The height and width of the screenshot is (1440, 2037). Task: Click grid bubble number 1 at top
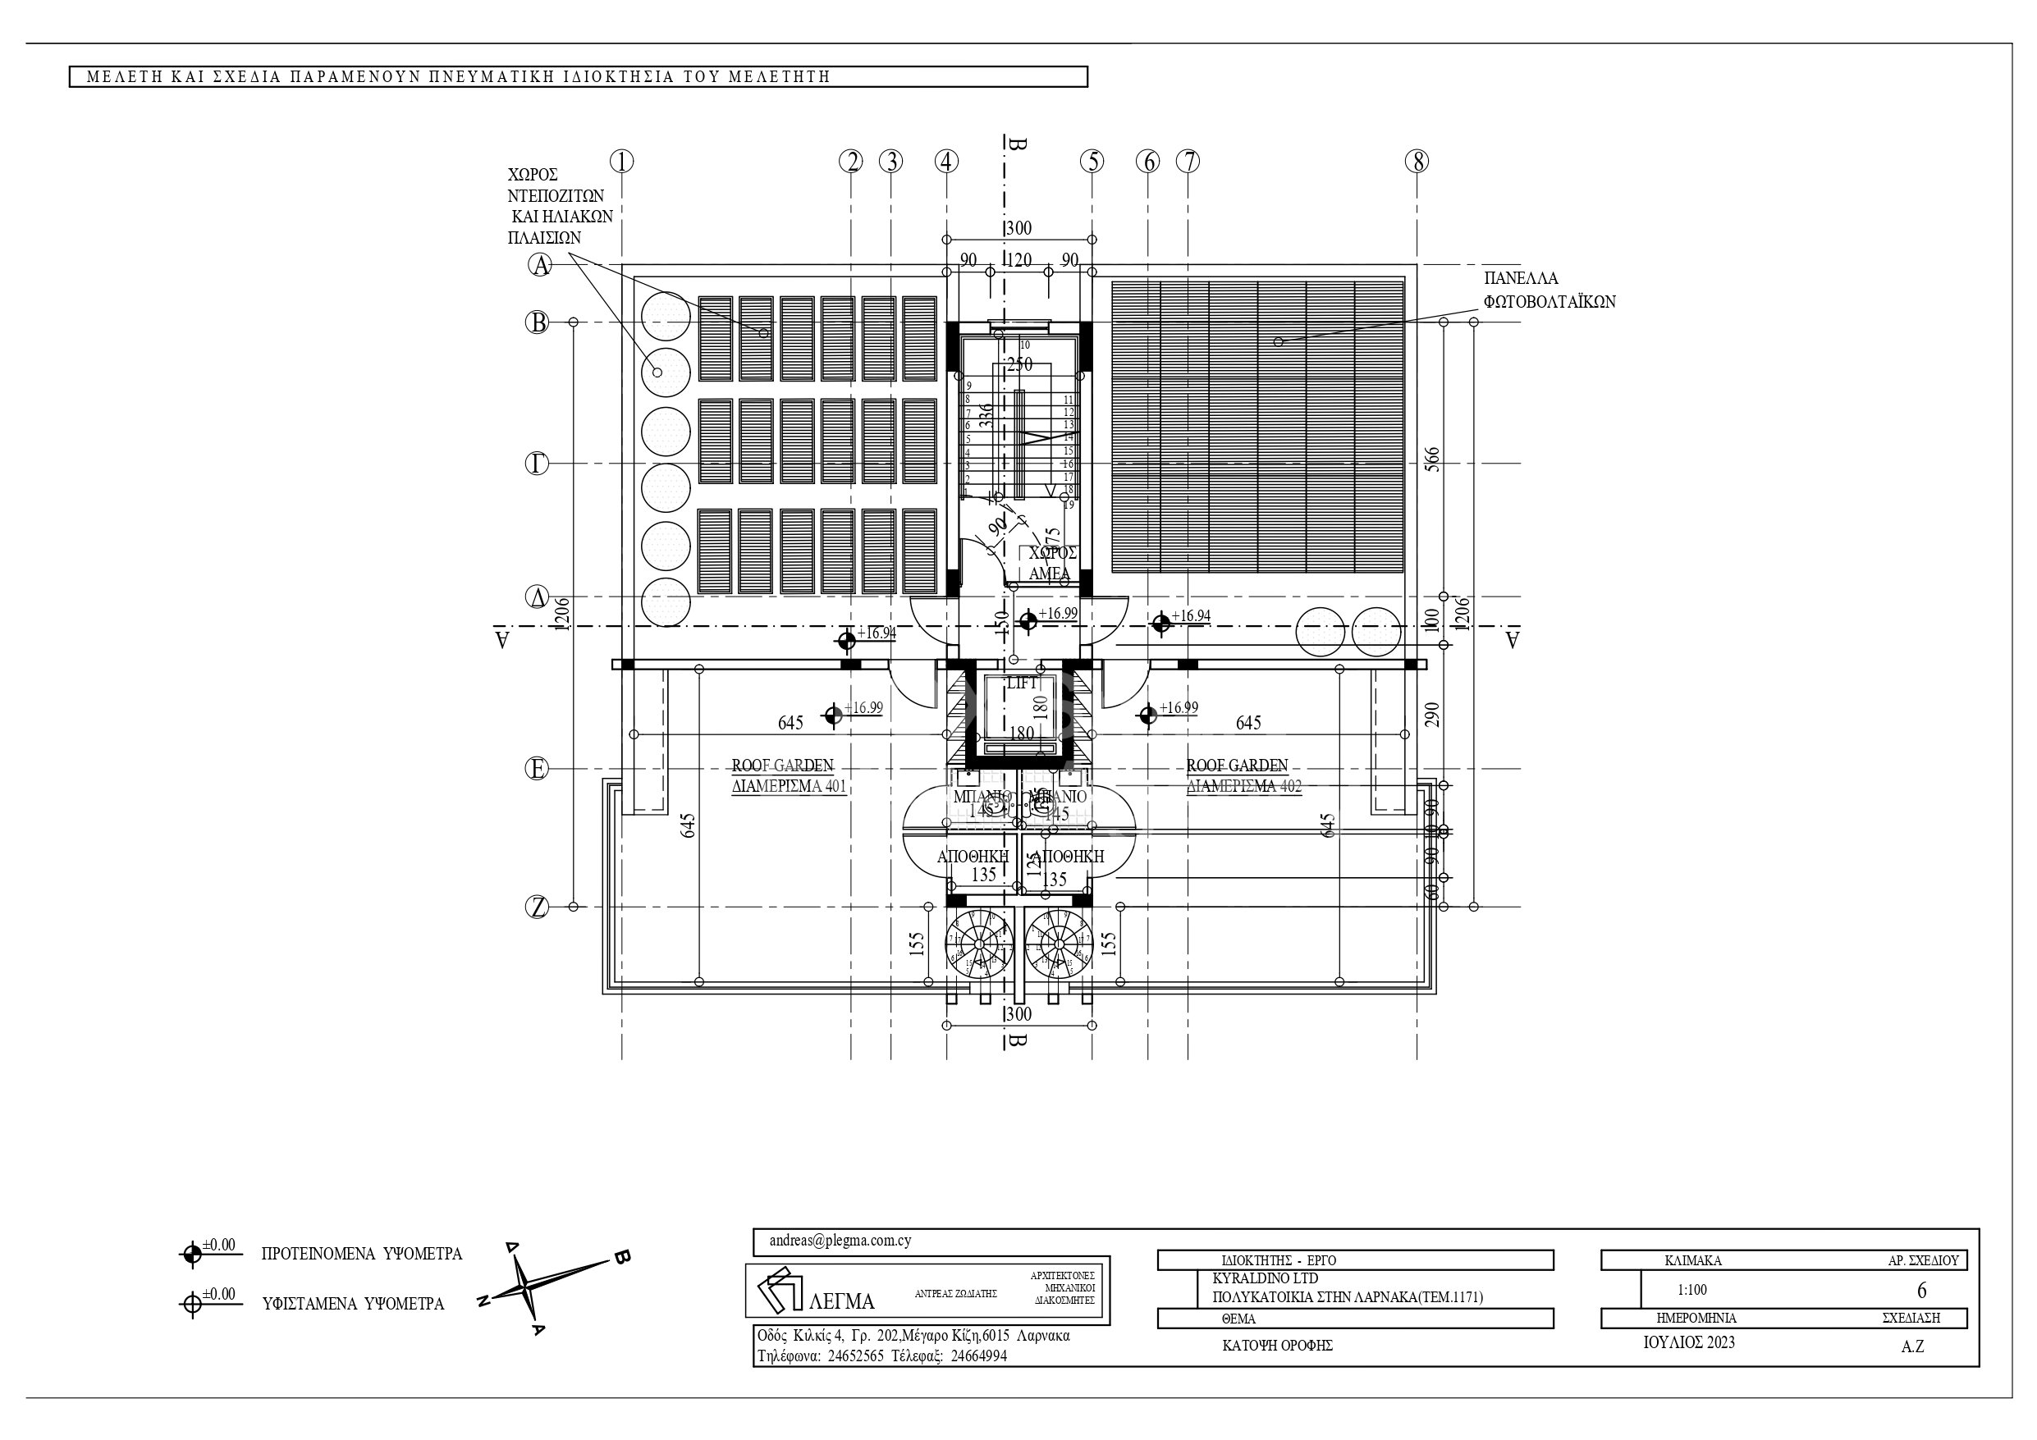click(622, 162)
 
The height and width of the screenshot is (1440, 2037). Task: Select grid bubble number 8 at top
click(1417, 162)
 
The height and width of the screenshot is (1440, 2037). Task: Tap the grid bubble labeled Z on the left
click(537, 907)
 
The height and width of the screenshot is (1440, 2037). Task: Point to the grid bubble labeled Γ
click(537, 463)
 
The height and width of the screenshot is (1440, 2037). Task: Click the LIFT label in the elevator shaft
click(1021, 683)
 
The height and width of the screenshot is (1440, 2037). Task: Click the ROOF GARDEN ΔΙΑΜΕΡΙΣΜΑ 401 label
click(788, 776)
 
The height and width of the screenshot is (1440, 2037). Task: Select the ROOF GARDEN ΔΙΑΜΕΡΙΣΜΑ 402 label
click(1242, 776)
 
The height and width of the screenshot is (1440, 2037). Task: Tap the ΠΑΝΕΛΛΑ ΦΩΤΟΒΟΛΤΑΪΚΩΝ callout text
click(1548, 290)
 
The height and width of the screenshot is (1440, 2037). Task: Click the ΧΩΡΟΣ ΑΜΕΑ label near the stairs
click(1051, 564)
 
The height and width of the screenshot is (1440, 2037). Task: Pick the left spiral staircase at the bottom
click(978, 942)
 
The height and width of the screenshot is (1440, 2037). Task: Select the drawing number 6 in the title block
click(1921, 1290)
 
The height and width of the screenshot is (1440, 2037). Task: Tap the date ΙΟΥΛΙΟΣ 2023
click(1689, 1342)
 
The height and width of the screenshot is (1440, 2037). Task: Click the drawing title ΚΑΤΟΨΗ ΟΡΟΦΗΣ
click(1277, 1345)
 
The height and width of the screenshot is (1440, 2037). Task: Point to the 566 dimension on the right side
click(1432, 459)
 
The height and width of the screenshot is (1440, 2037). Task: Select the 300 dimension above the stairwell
click(1019, 228)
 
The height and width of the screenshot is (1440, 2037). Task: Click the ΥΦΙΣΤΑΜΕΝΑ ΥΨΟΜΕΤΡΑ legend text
click(352, 1305)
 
